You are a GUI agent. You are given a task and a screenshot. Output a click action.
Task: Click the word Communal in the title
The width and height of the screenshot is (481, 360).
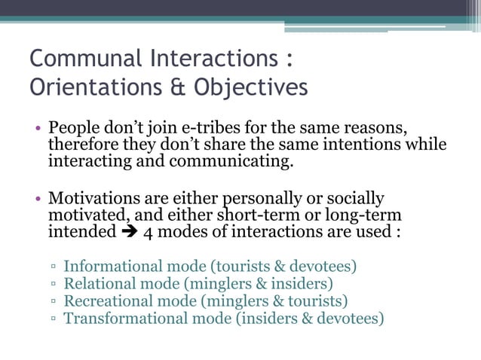click(82, 58)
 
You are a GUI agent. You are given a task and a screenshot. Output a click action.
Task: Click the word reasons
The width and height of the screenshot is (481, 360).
click(376, 127)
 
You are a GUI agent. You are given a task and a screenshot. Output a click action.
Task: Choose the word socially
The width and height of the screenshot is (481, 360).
click(353, 198)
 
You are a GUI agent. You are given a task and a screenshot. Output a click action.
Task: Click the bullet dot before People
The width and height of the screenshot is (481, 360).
click(38, 128)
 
